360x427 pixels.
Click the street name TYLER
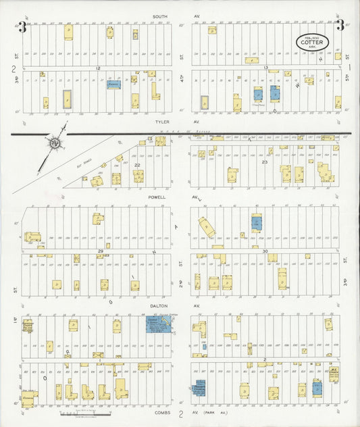(160, 122)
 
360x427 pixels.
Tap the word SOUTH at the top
(160, 16)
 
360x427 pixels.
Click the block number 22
(136, 165)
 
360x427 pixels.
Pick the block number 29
(99, 251)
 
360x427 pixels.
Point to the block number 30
(265, 251)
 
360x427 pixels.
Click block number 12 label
(98, 68)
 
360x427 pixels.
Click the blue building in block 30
(256, 222)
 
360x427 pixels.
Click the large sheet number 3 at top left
(22, 27)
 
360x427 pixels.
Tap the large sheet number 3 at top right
(340, 27)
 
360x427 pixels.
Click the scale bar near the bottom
(83, 411)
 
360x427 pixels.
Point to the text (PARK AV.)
(215, 411)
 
